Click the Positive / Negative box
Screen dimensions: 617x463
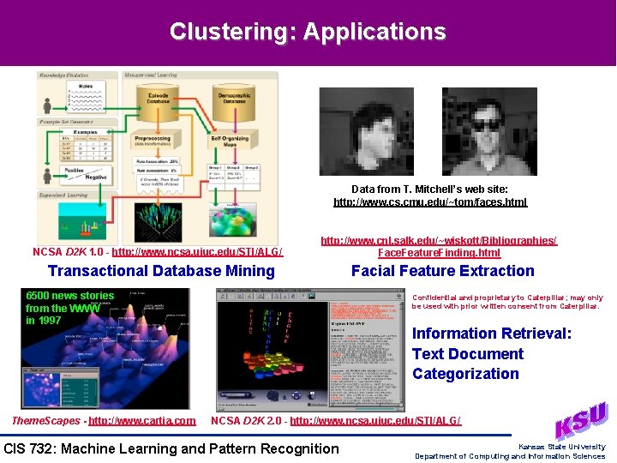pyautogui.click(x=86, y=173)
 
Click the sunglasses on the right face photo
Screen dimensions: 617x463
pyautogui.click(x=489, y=124)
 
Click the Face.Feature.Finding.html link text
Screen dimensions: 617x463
pyautogui.click(x=439, y=253)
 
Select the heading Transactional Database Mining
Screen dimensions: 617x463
pyautogui.click(x=161, y=271)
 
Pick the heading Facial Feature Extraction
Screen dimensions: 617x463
pyautogui.click(x=443, y=271)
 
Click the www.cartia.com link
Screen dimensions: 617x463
pyautogui.click(x=142, y=420)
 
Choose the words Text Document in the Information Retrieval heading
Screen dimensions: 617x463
pyautogui.click(x=467, y=353)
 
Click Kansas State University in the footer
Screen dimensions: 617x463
pyautogui.click(x=561, y=447)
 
